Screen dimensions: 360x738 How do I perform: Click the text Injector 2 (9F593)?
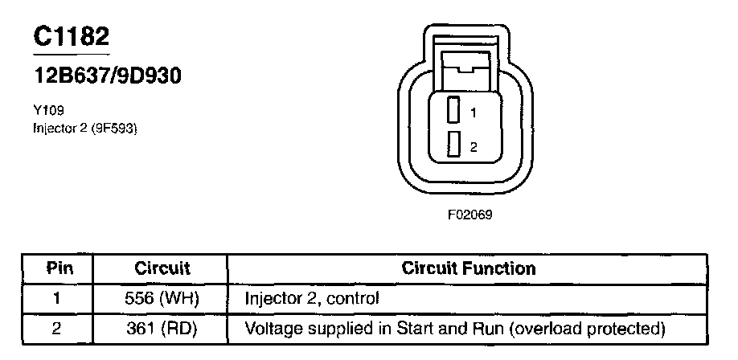click(85, 127)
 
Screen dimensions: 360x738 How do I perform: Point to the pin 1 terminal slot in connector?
click(453, 110)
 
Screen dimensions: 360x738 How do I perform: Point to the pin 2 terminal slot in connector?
click(453, 144)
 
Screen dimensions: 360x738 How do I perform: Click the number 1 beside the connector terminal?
click(474, 113)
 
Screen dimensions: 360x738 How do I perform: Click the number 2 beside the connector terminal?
click(474, 147)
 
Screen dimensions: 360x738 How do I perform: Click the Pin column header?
click(55, 268)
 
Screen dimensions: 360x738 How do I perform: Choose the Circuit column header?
click(162, 268)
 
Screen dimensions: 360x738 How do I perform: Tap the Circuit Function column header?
click(469, 268)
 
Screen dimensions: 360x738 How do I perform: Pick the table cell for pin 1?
click(55, 298)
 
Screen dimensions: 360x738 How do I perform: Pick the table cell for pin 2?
click(55, 328)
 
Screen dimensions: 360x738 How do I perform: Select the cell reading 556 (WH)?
click(162, 298)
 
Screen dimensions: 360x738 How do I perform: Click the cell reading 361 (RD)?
click(162, 328)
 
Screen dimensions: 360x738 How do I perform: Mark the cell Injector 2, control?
click(312, 298)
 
